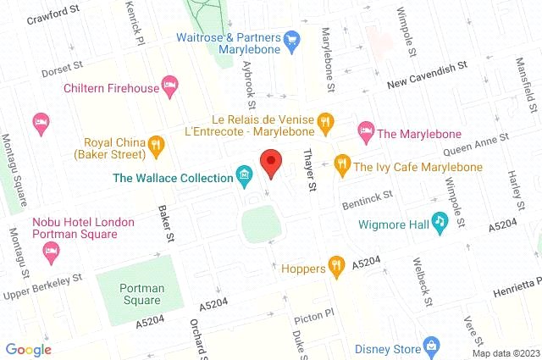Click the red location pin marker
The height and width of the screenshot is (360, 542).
coord(271,162)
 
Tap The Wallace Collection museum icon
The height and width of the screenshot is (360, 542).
coord(245,177)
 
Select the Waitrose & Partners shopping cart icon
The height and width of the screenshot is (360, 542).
coord(292,39)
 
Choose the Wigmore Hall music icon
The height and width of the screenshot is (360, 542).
coord(439,222)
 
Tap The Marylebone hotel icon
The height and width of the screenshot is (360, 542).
coord(365,130)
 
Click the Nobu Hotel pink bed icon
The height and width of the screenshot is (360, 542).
coord(50,252)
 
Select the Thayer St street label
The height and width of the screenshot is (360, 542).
coord(309,170)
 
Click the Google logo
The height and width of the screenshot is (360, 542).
coord(29,349)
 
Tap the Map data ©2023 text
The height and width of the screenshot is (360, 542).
coord(505,352)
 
